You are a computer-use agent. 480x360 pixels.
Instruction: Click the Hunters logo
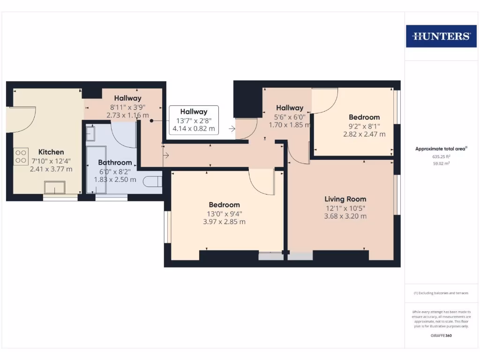441,36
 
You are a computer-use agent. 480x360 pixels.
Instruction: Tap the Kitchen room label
51,152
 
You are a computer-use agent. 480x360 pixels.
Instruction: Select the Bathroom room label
115,163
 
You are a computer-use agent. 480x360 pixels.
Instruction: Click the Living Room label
345,199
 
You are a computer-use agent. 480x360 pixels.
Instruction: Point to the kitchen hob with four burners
21,156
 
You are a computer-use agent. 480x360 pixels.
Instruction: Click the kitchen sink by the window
55,187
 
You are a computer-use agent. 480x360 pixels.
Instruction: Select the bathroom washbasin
91,133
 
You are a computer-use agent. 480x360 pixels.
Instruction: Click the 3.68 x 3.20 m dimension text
345,216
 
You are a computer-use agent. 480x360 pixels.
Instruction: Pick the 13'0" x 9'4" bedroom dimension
224,213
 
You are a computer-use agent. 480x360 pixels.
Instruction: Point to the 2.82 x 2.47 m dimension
364,134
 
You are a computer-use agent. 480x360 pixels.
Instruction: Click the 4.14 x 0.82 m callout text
194,128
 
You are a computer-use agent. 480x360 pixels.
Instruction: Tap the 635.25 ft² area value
441,157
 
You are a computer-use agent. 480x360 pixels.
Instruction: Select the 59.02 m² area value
441,164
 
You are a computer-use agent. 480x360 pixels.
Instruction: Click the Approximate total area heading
441,149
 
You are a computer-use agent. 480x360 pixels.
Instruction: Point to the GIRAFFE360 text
441,336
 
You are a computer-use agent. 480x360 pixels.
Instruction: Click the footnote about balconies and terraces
441,293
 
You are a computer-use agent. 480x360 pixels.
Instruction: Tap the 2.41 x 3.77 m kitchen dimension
51,169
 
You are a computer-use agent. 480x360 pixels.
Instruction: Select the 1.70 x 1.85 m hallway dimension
290,125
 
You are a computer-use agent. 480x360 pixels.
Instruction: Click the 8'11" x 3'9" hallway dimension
128,106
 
